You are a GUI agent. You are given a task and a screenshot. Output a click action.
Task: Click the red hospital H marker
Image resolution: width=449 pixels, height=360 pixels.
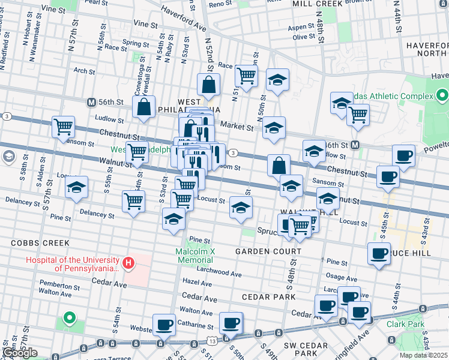click(x=127, y=263)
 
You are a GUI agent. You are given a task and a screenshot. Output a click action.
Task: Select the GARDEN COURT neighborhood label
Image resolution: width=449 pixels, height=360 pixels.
click(x=268, y=251)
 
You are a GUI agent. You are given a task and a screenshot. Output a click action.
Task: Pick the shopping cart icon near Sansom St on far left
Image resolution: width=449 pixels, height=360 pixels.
click(x=63, y=127)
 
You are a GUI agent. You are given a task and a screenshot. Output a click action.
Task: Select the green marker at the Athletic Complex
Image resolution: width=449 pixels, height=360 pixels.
click(x=442, y=95)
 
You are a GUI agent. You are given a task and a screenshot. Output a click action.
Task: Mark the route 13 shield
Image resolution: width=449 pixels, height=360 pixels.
click(x=214, y=340)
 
